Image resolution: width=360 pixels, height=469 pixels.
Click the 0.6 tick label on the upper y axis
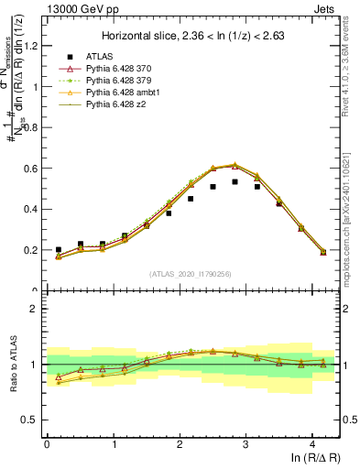[x=32, y=169]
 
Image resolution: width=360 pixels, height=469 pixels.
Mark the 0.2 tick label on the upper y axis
[x=32, y=250]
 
